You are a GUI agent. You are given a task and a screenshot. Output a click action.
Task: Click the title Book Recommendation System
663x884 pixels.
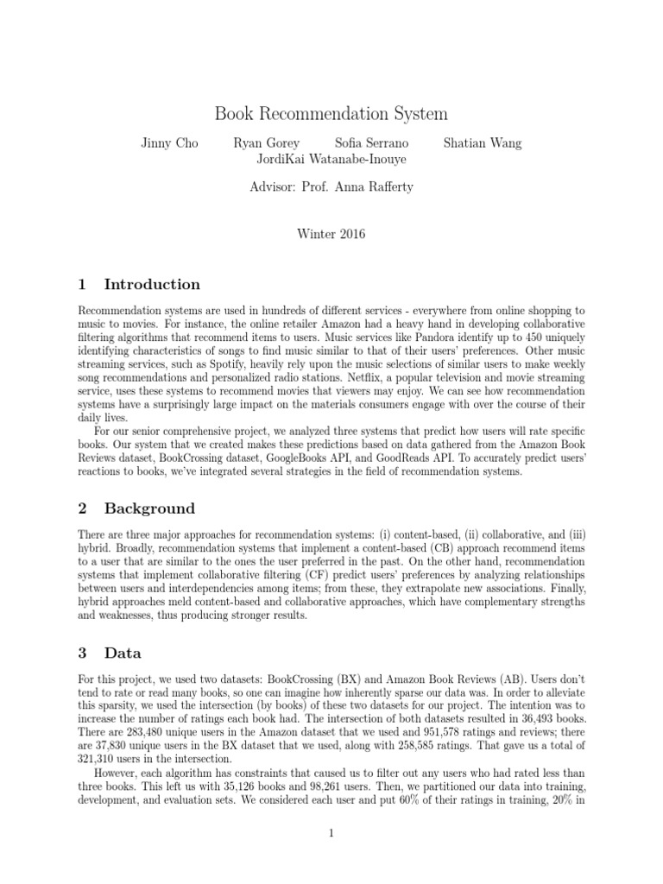click(331, 114)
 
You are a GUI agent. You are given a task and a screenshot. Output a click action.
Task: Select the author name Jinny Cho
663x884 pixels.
click(169, 142)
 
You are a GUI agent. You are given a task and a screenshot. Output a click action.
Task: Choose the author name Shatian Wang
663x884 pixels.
click(482, 142)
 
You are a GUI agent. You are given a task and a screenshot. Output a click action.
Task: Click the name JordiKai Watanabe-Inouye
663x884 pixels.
click(331, 159)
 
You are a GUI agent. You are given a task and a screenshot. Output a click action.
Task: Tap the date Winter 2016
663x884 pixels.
click(331, 234)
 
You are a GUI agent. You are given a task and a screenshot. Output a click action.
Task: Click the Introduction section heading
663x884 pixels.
click(152, 284)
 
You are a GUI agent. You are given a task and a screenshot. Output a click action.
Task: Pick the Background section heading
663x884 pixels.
click(149, 508)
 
